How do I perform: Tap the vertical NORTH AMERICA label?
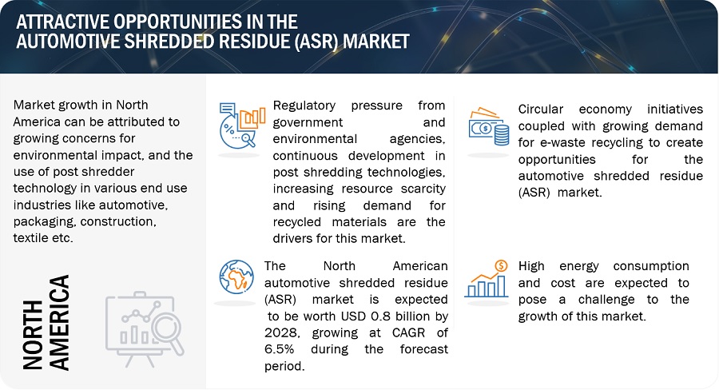click(x=46, y=323)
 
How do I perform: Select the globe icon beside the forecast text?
click(x=236, y=277)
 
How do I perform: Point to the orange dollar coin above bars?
click(x=501, y=265)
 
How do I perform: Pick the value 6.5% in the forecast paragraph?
click(x=280, y=349)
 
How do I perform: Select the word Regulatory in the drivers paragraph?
click(x=304, y=105)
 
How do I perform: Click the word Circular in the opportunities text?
click(x=541, y=109)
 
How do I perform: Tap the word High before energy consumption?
click(x=531, y=266)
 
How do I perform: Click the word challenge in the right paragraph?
click(x=606, y=300)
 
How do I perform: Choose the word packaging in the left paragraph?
click(x=45, y=221)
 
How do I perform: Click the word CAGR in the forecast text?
click(x=408, y=332)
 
